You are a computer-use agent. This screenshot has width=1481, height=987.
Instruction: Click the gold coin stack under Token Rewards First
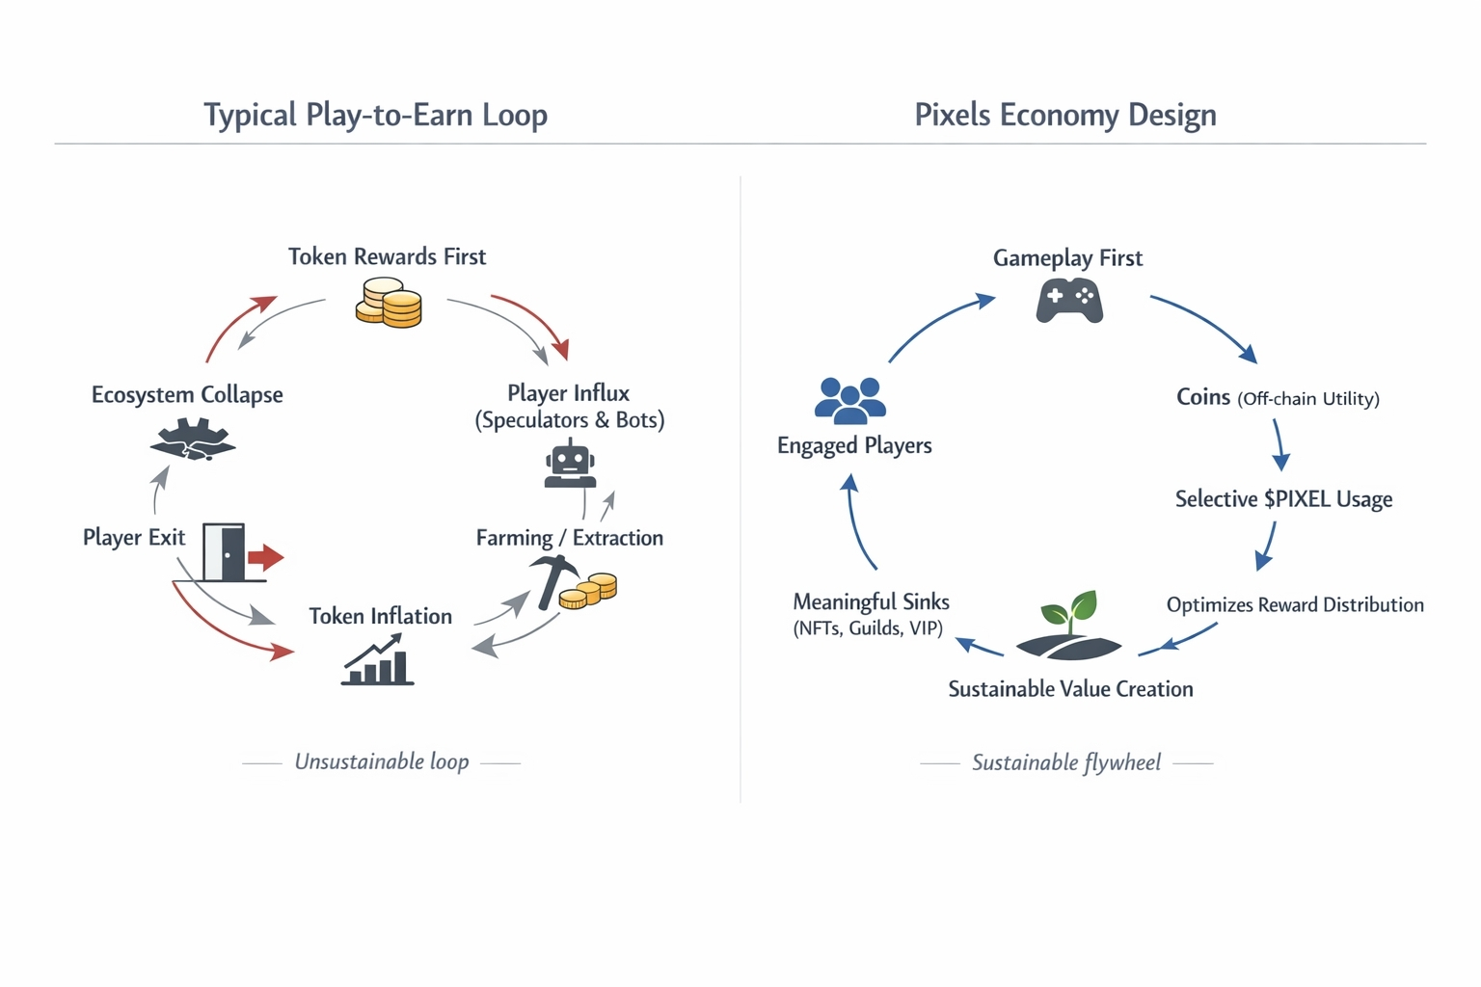[389, 303]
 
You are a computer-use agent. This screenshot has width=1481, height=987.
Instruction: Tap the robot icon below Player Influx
[570, 464]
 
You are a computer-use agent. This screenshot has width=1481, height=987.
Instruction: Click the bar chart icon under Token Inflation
[377, 659]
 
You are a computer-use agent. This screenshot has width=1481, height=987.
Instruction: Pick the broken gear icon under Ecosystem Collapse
[193, 440]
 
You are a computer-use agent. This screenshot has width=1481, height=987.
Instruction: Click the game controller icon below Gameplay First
[1069, 301]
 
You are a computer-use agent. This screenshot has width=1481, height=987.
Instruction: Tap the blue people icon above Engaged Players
[849, 400]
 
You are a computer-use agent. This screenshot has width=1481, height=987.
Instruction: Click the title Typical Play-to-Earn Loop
[375, 115]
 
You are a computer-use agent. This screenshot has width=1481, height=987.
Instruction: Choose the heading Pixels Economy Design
[1064, 115]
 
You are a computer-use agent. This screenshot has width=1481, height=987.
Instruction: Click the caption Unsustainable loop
[382, 761]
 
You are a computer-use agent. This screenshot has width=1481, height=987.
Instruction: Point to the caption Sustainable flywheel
[1065, 762]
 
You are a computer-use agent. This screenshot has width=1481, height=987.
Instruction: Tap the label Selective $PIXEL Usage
[1283, 499]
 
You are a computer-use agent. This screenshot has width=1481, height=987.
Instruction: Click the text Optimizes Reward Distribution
[1294, 604]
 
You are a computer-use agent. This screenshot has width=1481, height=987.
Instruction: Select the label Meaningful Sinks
[871, 601]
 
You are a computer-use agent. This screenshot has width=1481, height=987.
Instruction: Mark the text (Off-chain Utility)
[1307, 399]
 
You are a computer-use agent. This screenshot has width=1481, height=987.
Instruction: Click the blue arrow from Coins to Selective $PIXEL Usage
[1279, 445]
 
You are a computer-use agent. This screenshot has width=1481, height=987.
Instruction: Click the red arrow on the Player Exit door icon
[265, 557]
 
